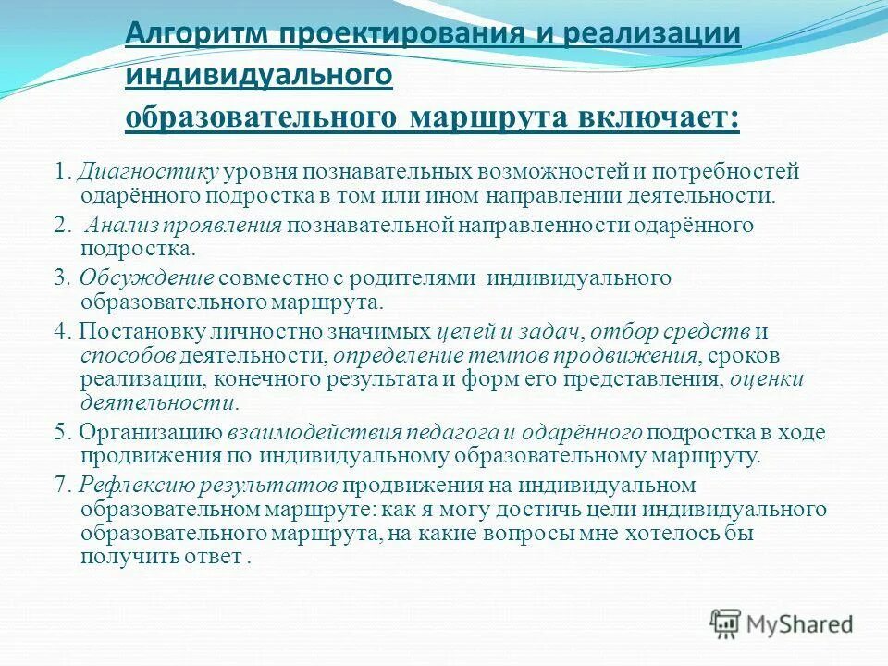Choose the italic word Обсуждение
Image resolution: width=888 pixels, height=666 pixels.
[x=147, y=278]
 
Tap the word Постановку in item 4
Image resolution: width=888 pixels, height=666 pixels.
[x=144, y=331]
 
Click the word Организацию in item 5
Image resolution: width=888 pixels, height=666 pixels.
[x=150, y=432]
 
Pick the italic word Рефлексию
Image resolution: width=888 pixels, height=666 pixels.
[x=127, y=485]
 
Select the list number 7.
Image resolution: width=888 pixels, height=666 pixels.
[x=62, y=485]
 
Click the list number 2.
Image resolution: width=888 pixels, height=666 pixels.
[x=62, y=227]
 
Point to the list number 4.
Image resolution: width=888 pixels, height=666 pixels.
[x=62, y=331]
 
